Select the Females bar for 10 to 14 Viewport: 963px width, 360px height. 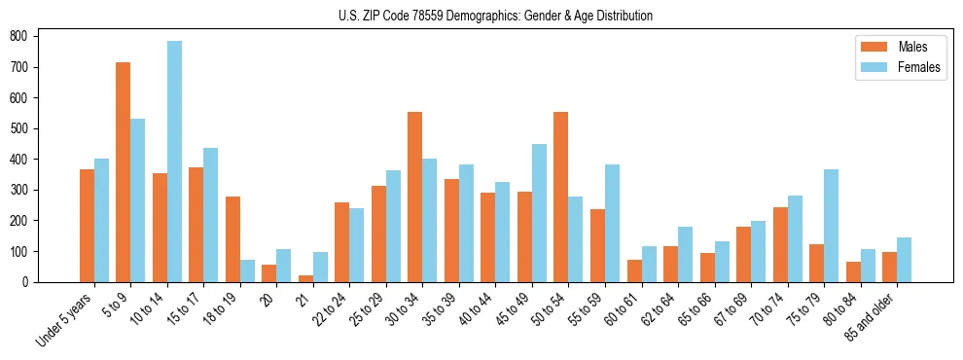[174, 162]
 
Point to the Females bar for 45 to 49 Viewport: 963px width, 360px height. [539, 213]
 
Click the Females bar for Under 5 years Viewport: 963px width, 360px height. [101, 220]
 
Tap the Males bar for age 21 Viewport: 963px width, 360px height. [305, 278]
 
